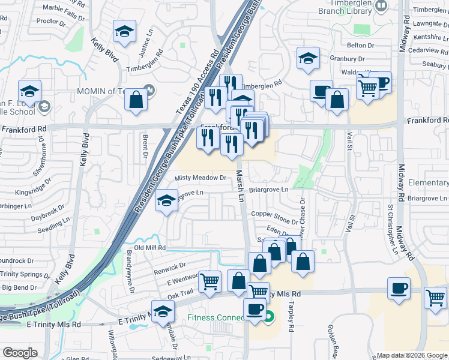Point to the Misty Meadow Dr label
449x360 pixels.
(x=200, y=178)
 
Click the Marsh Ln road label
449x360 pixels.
(x=241, y=185)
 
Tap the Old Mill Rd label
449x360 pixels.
(x=149, y=247)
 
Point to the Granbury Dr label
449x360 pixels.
(x=348, y=59)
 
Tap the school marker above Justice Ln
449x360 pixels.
(x=125, y=32)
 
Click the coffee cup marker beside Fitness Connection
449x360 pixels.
(x=255, y=309)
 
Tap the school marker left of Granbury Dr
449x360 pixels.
(x=308, y=58)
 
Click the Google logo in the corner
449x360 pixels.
(x=20, y=353)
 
